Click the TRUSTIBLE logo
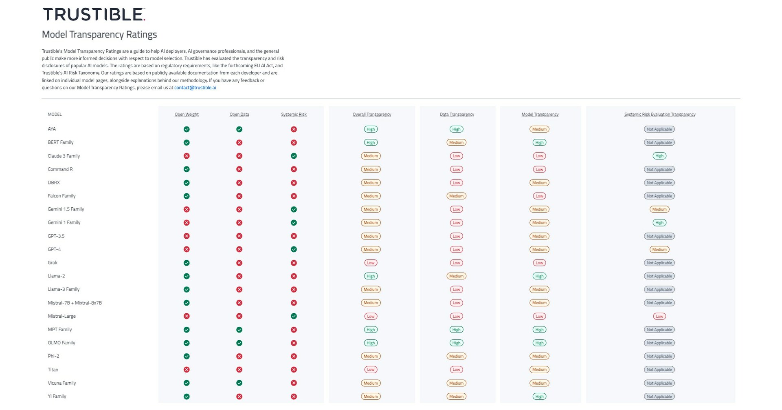point(94,14)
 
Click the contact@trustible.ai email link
point(195,88)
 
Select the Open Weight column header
point(187,115)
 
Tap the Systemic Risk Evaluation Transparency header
point(659,115)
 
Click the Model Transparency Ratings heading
point(99,35)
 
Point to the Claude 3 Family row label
point(64,156)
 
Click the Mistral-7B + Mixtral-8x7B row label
point(75,303)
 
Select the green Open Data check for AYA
point(239,129)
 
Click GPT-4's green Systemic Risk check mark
point(294,249)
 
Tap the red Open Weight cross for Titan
point(187,370)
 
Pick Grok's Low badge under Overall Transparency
point(370,263)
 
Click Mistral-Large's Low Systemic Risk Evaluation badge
point(659,316)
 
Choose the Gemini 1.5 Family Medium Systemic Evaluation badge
point(659,209)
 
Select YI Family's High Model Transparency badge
point(539,396)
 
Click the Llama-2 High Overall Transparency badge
point(370,276)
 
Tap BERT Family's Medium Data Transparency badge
point(456,142)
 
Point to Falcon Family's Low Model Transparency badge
point(539,196)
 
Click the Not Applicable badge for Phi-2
point(659,356)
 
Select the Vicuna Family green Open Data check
point(239,383)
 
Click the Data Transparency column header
point(457,115)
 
